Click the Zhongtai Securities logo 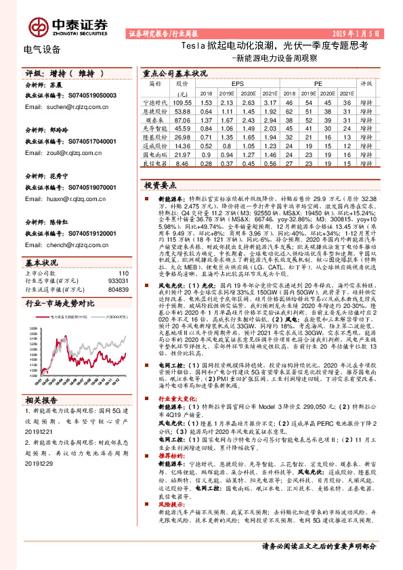point(68,25)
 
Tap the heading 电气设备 point(41,49)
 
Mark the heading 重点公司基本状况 point(175,72)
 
